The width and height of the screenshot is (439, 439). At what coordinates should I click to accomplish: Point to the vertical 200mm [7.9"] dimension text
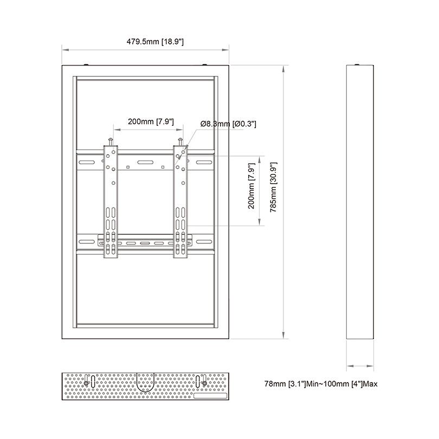click(250, 187)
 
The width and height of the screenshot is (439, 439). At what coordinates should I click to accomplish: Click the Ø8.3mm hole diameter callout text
click(228, 124)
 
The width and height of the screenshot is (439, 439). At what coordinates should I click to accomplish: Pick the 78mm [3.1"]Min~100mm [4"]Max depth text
click(320, 384)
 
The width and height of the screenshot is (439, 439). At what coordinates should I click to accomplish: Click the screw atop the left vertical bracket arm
click(111, 140)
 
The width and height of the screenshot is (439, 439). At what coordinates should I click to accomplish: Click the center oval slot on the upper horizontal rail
click(145, 162)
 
